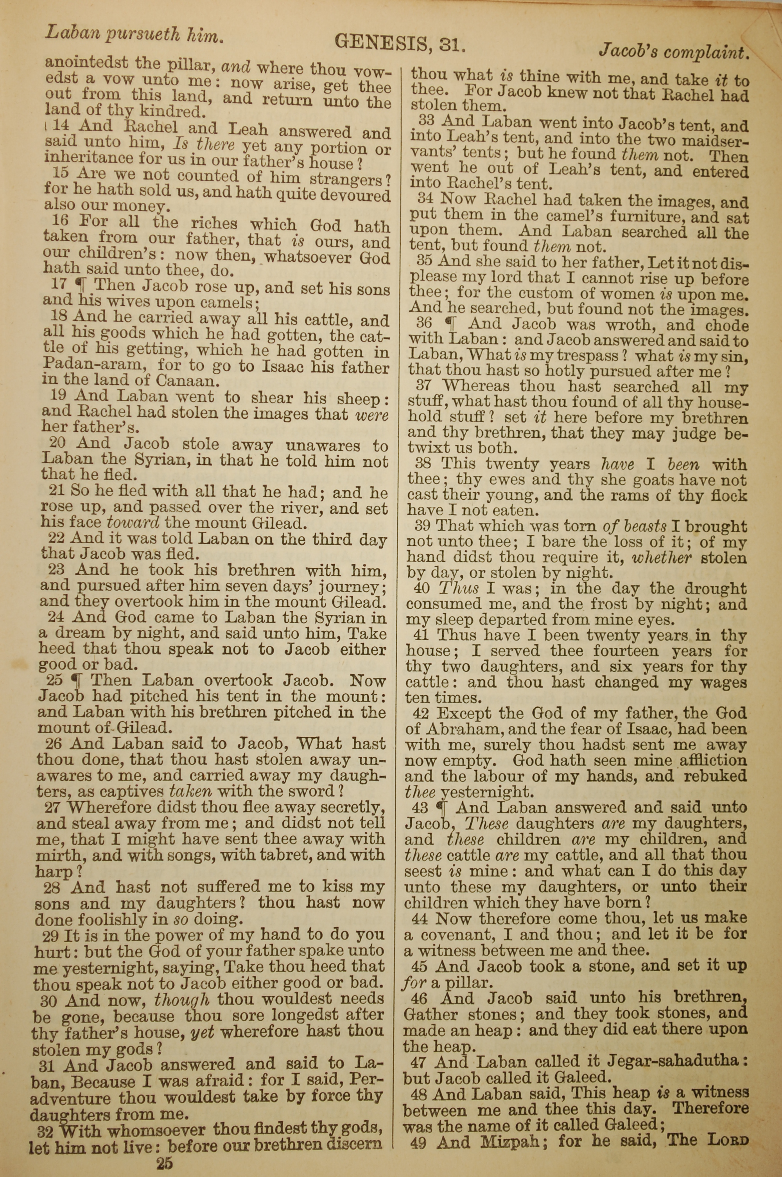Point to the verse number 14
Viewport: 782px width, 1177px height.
(61, 126)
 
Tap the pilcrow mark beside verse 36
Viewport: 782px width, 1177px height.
(451, 324)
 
